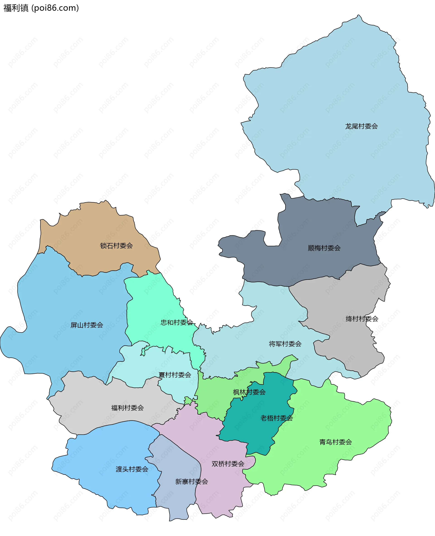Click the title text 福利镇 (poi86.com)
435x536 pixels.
[x=41, y=8]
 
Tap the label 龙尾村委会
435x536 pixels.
[x=361, y=126]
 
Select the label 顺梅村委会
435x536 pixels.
[x=324, y=248]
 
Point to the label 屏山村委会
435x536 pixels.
[x=87, y=325]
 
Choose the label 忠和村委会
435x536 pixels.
[x=177, y=322]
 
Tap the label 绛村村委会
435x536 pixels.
[x=362, y=319]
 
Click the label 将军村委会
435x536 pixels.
[x=285, y=344]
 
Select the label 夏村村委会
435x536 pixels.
[x=175, y=375]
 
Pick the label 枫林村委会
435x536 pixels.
[x=249, y=392]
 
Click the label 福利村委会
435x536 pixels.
[x=127, y=408]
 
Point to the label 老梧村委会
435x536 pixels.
[x=276, y=418]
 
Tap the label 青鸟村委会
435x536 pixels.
[x=336, y=442]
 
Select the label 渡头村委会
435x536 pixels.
[x=132, y=469]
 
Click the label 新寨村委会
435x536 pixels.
[x=191, y=482]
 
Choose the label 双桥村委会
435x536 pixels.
[x=228, y=464]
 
